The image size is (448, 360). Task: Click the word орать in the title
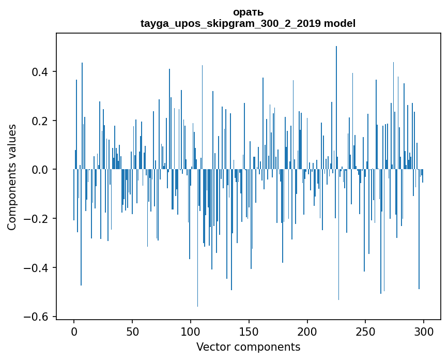[248, 12]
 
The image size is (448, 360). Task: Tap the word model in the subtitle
[339, 23]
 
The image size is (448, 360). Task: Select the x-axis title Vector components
[248, 347]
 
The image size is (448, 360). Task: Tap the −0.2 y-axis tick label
[38, 219]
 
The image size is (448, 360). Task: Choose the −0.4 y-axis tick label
[38, 267]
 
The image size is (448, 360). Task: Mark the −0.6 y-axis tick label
[38, 317]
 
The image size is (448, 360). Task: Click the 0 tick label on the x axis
[74, 332]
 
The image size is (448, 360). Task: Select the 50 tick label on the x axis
[132, 332]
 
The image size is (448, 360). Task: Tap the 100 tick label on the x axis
[191, 332]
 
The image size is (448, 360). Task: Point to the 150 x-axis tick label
[249, 332]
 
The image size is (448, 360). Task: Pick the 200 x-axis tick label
[307, 332]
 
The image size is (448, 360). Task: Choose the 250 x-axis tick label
[366, 332]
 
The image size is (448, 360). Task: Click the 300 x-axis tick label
[424, 332]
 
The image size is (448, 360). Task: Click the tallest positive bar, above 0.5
[336, 103]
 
